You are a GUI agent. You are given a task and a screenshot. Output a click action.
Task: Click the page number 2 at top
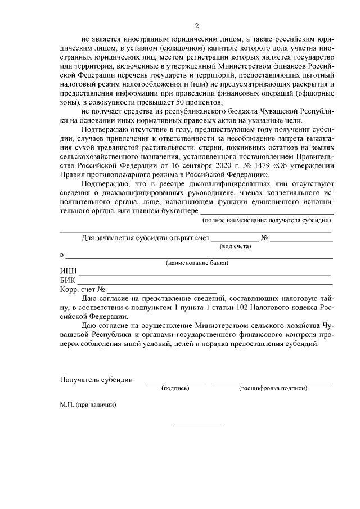click(x=197, y=26)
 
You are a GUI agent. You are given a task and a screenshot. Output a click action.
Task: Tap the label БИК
click(x=67, y=281)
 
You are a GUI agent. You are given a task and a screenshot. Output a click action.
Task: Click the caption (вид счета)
click(x=235, y=246)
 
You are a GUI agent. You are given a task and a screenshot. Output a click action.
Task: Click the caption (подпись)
click(x=174, y=388)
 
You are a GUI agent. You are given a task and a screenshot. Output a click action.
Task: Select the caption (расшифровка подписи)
click(x=273, y=388)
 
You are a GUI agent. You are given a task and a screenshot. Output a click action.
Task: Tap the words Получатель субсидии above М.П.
click(x=96, y=380)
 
